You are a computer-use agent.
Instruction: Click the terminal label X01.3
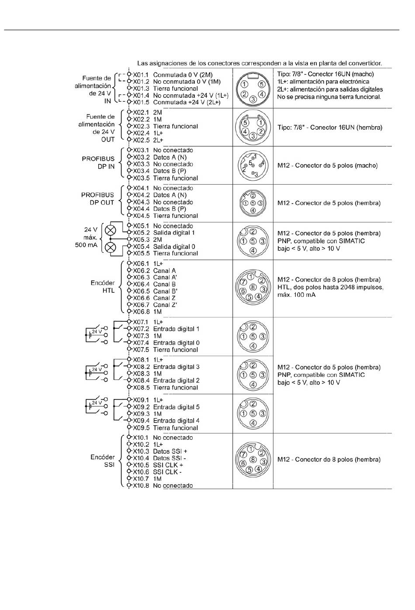(x=141, y=89)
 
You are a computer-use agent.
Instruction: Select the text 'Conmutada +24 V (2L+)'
(x=187, y=103)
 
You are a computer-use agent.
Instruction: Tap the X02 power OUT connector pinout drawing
(x=253, y=128)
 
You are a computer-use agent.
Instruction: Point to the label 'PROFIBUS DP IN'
(x=98, y=162)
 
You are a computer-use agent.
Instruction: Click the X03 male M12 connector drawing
(x=253, y=165)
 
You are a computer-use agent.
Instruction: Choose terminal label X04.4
(x=141, y=209)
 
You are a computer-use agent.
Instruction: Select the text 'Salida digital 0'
(x=174, y=247)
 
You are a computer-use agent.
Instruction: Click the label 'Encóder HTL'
(x=103, y=287)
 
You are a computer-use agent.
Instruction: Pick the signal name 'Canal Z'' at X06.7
(x=165, y=305)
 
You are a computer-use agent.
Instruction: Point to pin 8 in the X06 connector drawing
(x=253, y=287)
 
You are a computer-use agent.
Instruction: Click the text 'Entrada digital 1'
(x=176, y=329)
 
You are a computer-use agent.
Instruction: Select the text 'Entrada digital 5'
(x=176, y=407)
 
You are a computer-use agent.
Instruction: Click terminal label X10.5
(x=141, y=465)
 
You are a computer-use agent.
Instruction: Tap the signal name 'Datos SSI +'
(x=170, y=451)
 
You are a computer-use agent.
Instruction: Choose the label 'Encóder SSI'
(x=103, y=461)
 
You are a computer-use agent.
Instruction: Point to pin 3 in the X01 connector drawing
(x=253, y=100)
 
